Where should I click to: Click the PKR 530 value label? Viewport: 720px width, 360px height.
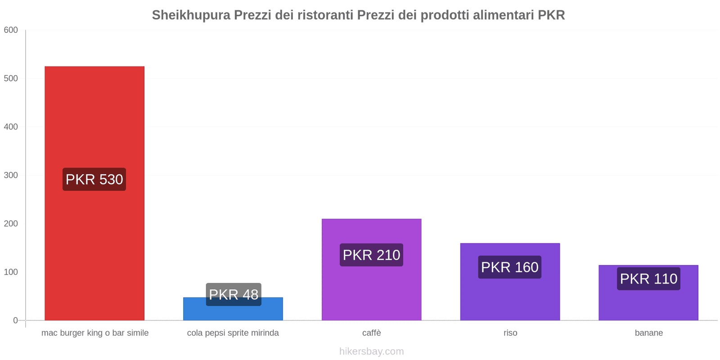click(94, 179)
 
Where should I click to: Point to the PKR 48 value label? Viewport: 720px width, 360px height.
click(234, 294)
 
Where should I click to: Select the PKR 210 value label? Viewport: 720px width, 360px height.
click(371, 255)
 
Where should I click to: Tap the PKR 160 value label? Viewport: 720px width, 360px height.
click(510, 267)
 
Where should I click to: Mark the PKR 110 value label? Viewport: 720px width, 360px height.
click(648, 279)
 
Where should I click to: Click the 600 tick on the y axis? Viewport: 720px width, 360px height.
click(11, 30)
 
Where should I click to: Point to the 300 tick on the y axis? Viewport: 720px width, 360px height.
click(11, 175)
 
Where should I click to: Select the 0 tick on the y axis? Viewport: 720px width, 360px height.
click(15, 320)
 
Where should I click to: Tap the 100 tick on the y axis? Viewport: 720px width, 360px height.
click(11, 272)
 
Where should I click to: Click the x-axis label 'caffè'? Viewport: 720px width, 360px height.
click(371, 333)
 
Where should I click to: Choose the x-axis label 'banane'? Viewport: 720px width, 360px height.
click(648, 333)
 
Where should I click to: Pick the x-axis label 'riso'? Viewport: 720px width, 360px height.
click(510, 333)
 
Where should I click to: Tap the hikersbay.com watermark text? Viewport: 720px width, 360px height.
click(371, 351)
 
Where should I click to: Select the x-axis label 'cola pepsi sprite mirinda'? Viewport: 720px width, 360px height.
click(233, 333)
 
